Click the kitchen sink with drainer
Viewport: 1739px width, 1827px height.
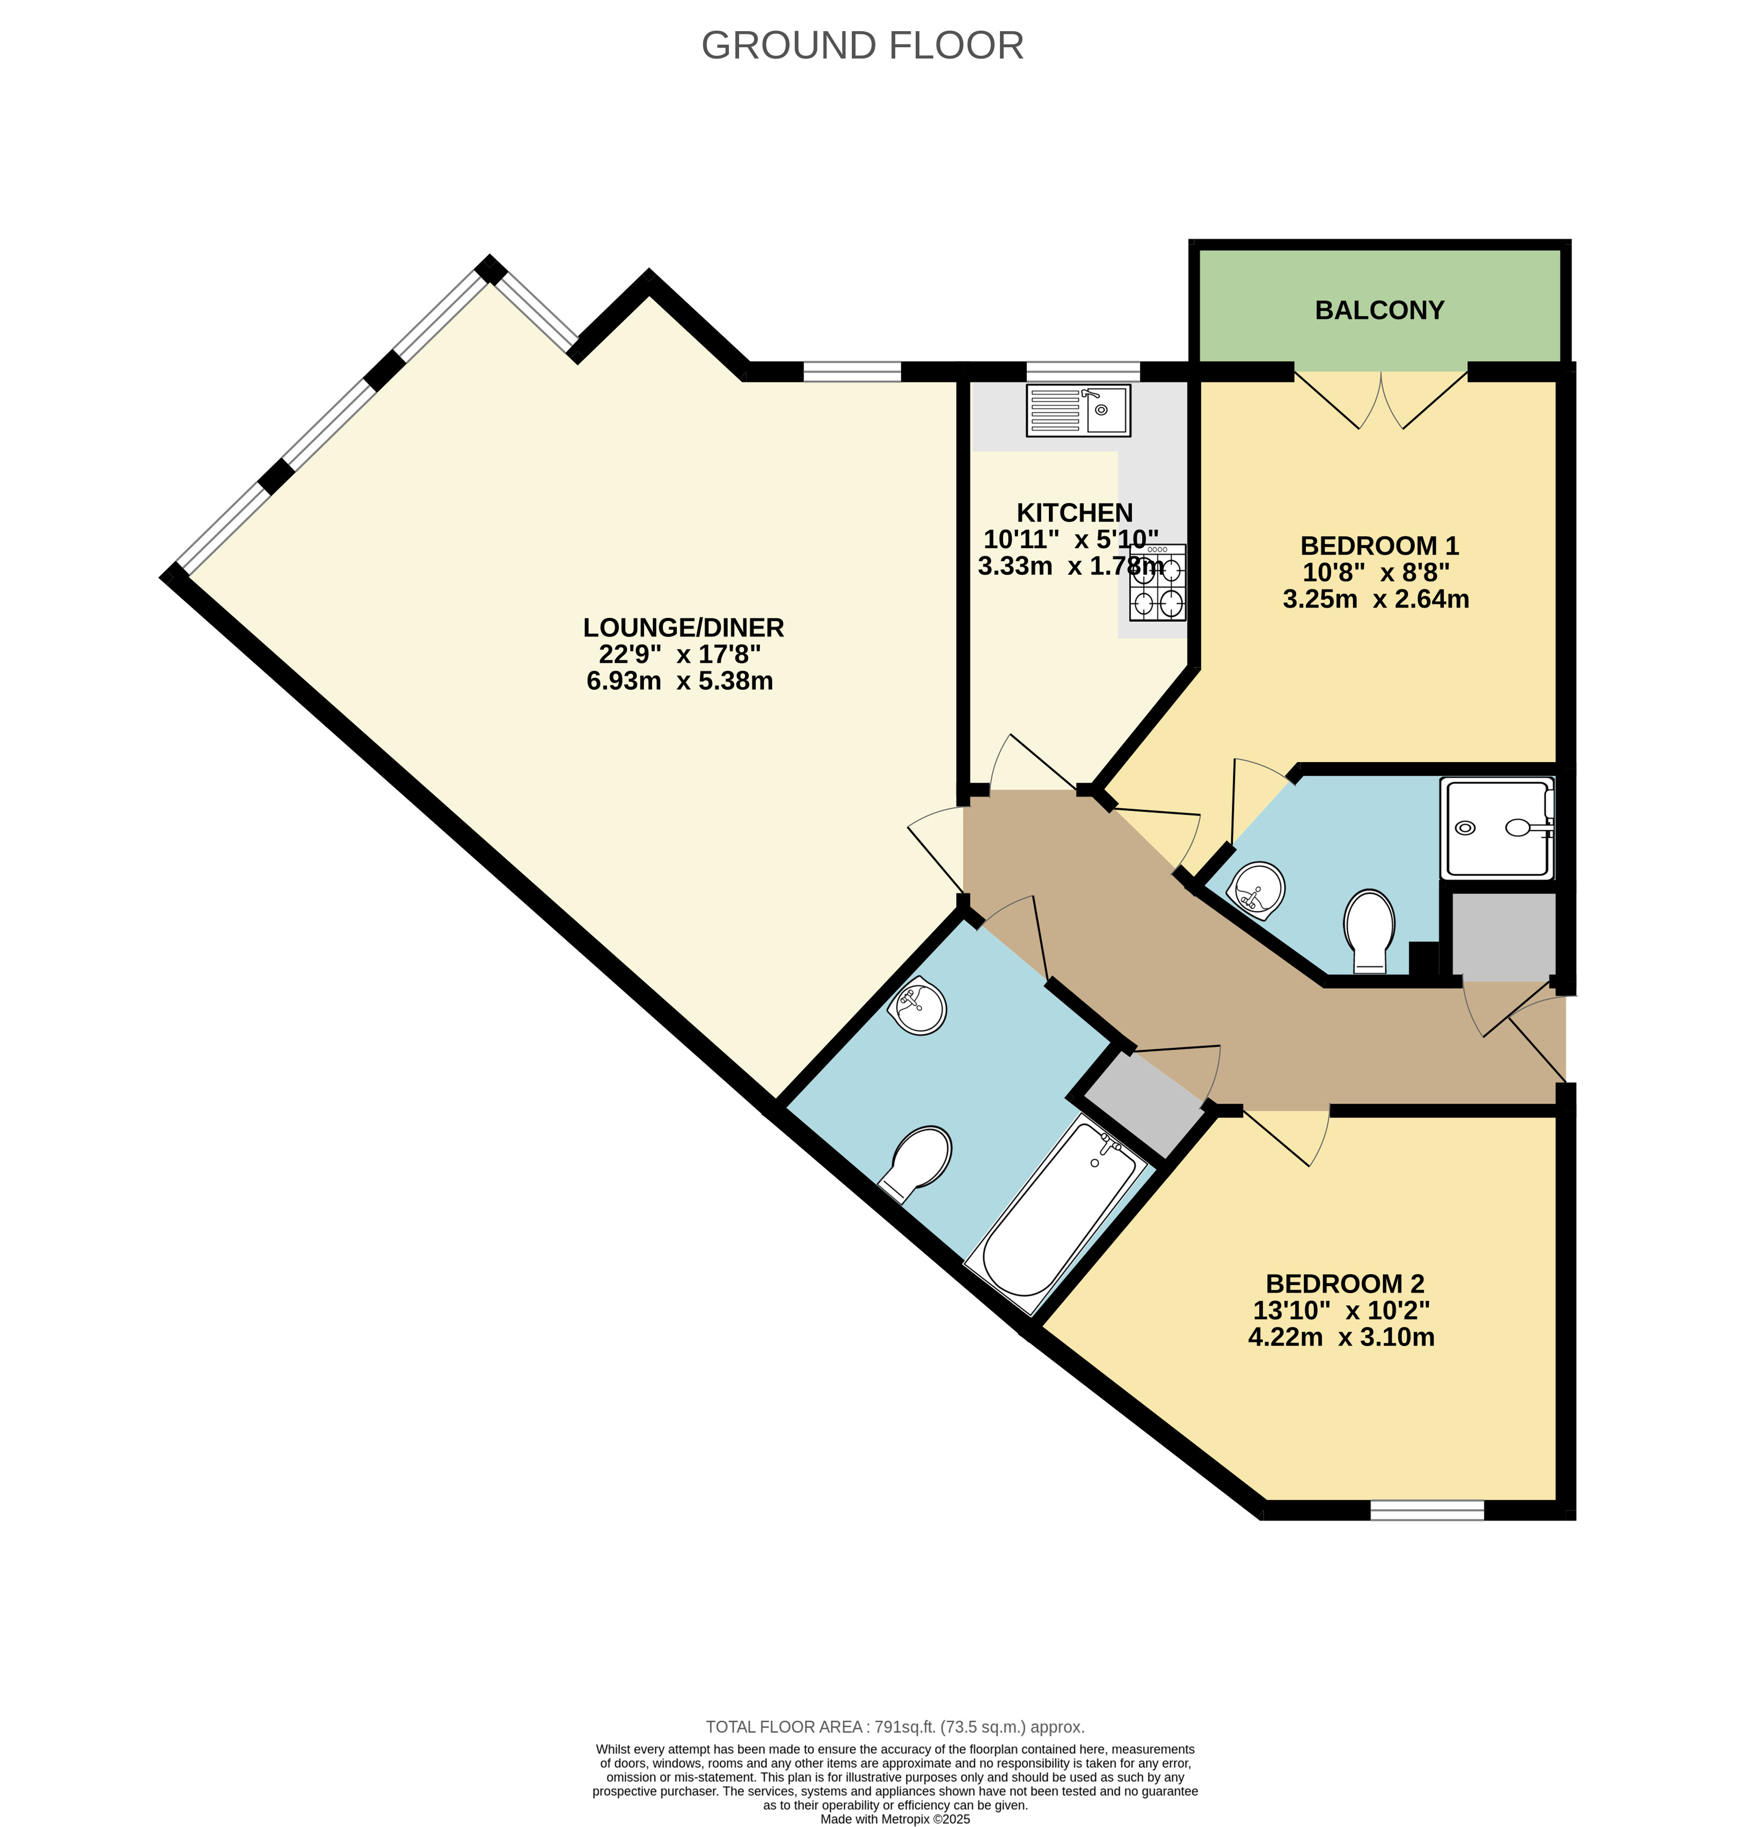click(1078, 411)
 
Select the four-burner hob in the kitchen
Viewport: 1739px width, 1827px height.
click(1158, 582)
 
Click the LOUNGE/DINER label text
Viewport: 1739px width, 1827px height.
click(683, 627)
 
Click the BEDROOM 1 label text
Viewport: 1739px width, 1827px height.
click(1379, 545)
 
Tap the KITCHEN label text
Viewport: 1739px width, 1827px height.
click(1075, 513)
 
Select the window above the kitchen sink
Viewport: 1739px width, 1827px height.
click(1083, 372)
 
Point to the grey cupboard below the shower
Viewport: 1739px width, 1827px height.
click(1503, 936)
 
